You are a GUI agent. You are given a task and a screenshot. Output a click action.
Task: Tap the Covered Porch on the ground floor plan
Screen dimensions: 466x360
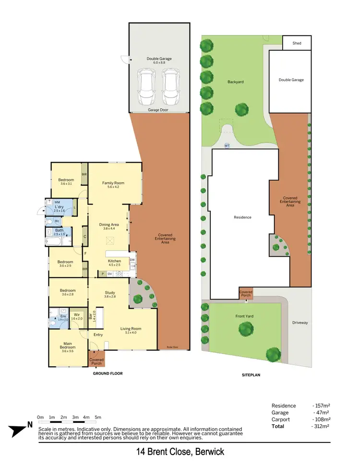click(x=96, y=360)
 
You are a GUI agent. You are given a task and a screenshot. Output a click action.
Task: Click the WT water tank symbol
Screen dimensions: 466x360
click(x=227, y=145)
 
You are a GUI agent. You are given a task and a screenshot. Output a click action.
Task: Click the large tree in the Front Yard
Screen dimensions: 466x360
click(x=246, y=329)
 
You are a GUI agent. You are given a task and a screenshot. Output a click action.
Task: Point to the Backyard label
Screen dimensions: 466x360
click(x=235, y=82)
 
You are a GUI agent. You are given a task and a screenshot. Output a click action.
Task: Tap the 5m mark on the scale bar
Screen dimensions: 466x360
click(x=98, y=417)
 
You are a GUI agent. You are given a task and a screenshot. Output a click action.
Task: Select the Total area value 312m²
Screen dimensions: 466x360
click(x=320, y=426)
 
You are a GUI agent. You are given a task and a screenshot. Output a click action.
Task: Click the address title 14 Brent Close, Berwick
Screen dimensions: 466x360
click(x=180, y=452)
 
